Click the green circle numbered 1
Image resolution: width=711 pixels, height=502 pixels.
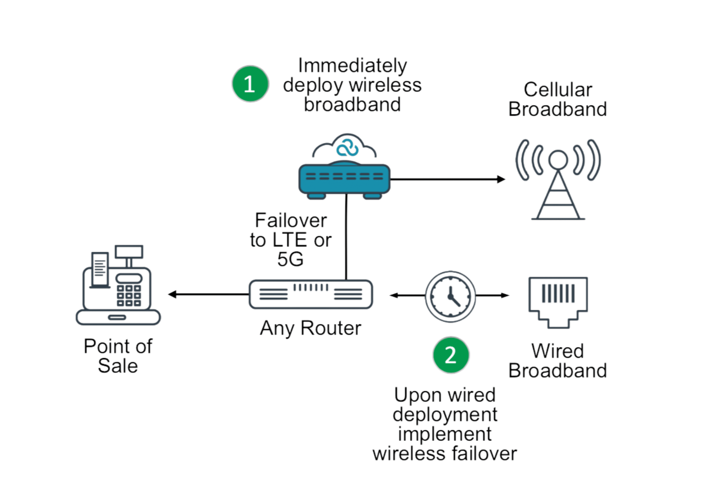coord(250,84)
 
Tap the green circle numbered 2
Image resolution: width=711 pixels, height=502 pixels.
coord(451,355)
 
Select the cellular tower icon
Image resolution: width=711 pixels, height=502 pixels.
coord(558,180)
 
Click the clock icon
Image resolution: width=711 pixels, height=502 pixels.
coord(450,296)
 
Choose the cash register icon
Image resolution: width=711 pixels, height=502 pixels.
coord(118,285)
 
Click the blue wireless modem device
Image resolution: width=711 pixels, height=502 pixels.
coord(344,180)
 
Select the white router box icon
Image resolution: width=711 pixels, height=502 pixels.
coord(311,294)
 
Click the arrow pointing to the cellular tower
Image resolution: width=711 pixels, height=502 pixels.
coord(448,179)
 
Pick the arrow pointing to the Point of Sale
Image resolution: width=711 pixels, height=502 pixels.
coord(208,294)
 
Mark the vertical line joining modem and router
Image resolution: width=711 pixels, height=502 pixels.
coord(346,237)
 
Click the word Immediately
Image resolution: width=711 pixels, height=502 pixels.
coord(352,66)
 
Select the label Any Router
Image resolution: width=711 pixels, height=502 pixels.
coord(310,328)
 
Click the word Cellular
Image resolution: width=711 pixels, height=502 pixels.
coord(558,89)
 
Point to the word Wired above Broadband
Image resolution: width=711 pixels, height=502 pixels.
coord(558,351)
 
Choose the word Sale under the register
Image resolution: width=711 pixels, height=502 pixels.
coord(118,366)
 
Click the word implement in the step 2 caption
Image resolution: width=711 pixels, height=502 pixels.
coord(445,434)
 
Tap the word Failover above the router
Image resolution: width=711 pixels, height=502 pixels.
coord(291,220)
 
